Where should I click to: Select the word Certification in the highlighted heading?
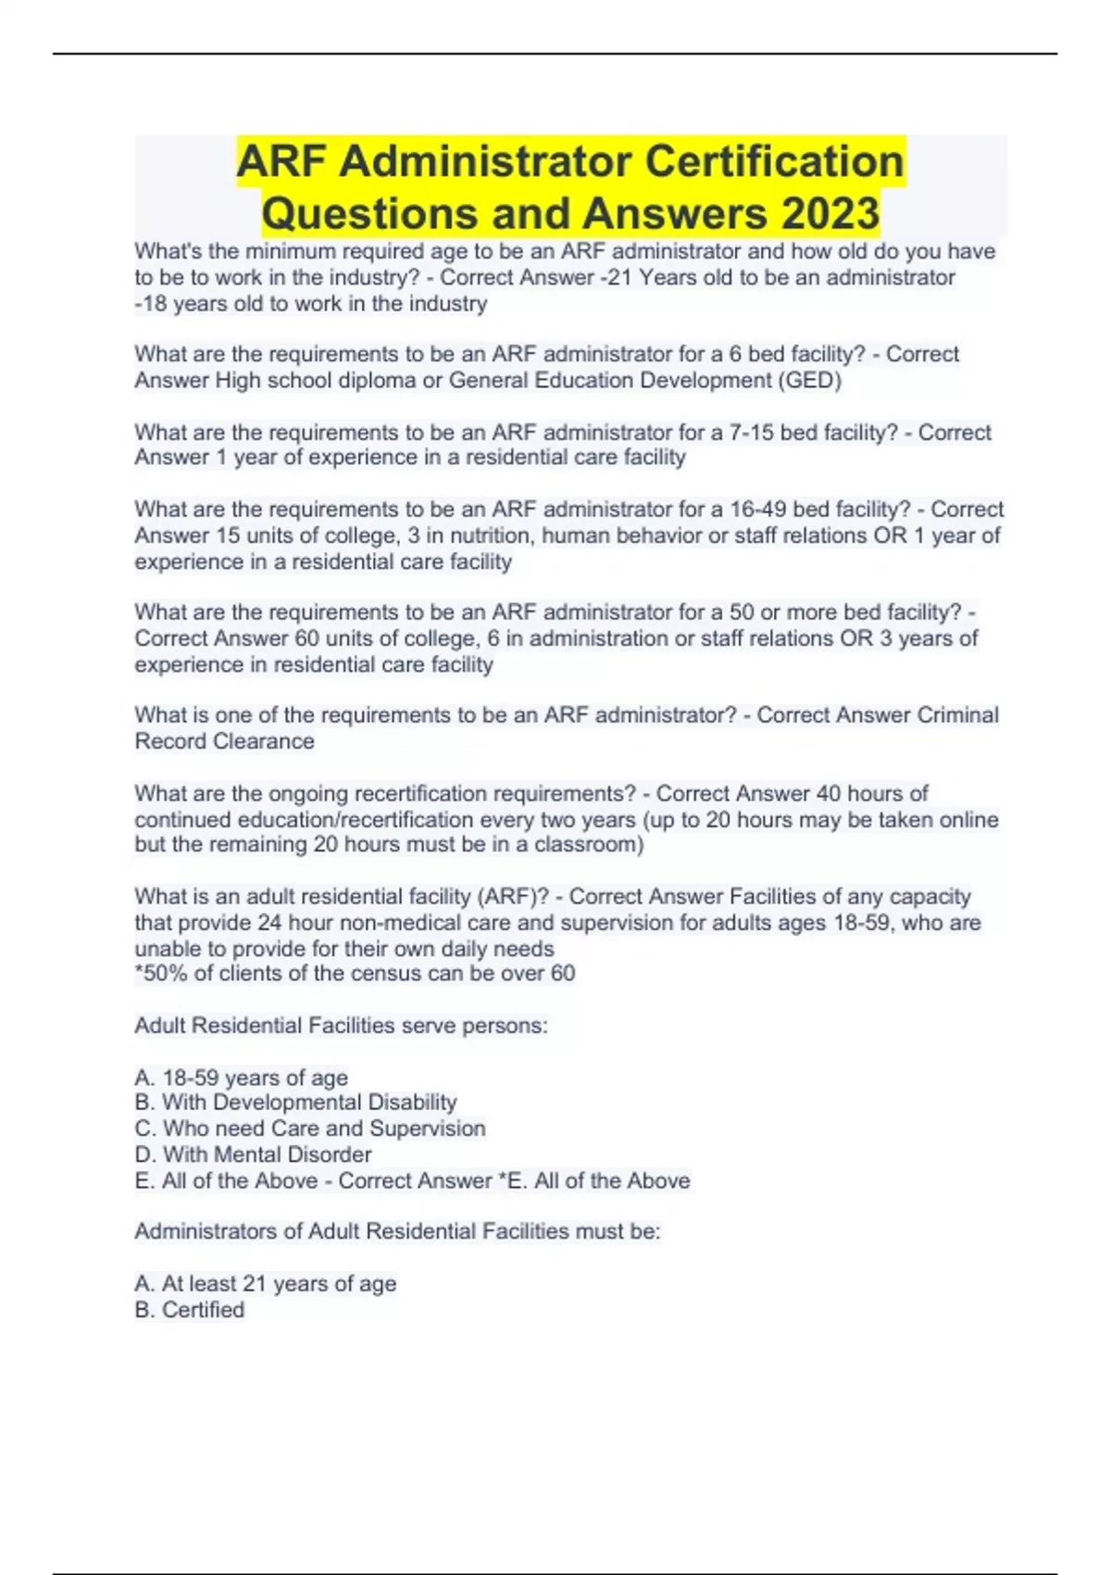tap(774, 161)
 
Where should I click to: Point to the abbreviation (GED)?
tap(811, 380)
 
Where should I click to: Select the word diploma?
tap(377, 380)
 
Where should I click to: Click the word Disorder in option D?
tap(330, 1153)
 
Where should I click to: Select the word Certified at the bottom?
tap(203, 1309)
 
